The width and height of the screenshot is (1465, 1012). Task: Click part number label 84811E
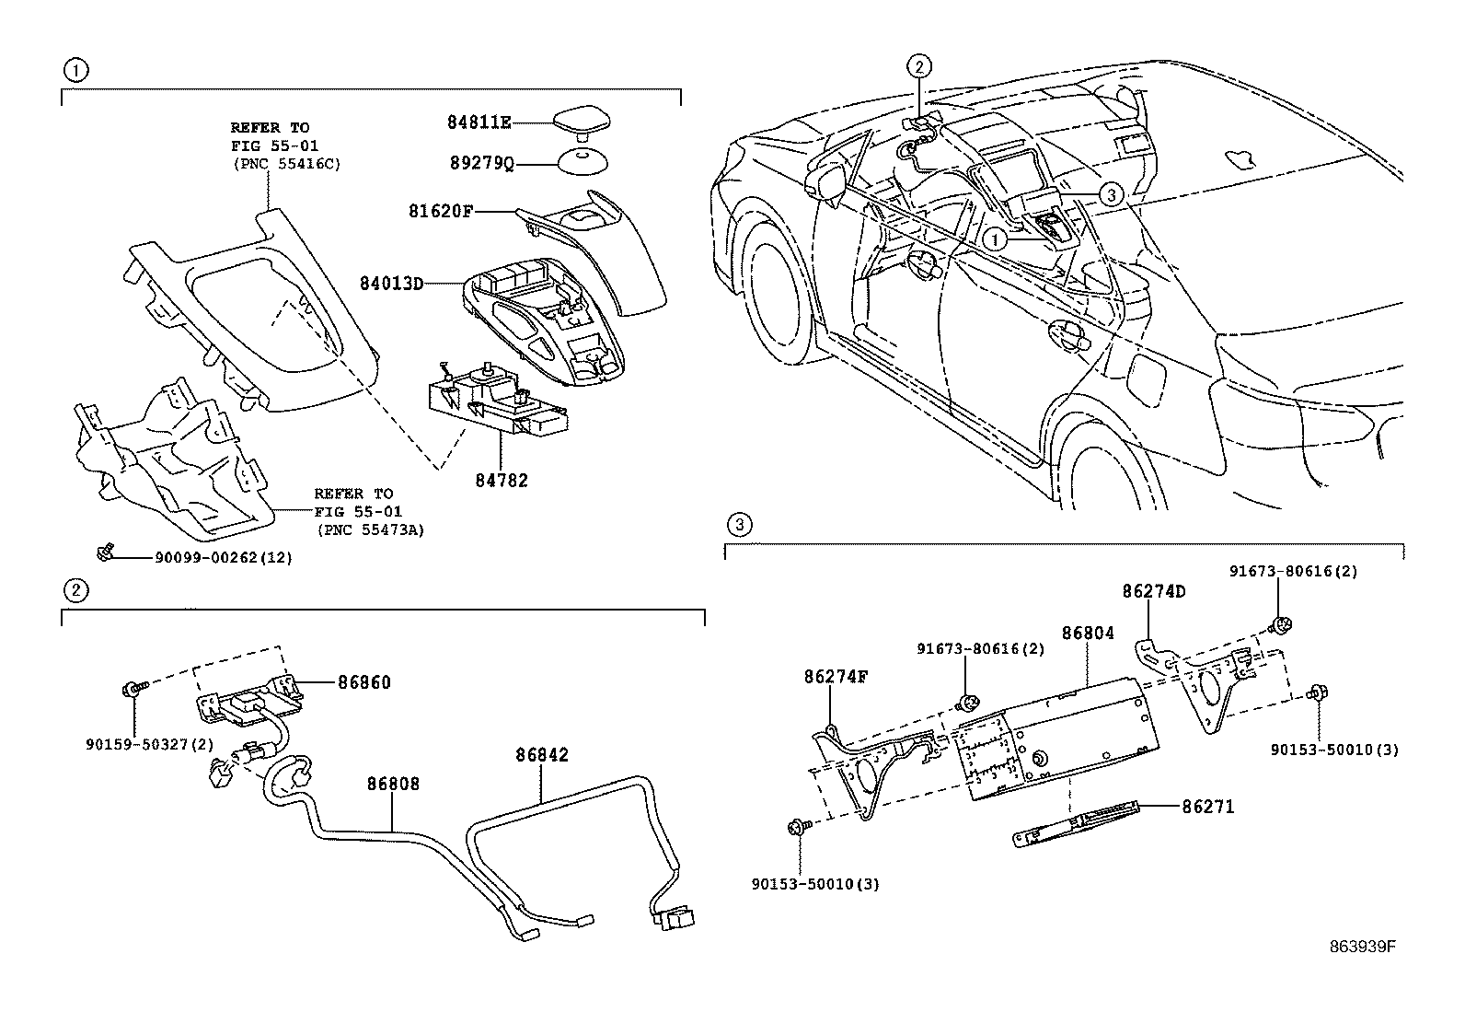coord(479,122)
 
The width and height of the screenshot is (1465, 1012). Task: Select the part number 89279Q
coord(481,163)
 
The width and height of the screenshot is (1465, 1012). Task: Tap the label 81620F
coord(440,211)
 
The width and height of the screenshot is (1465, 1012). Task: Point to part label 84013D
coord(392,284)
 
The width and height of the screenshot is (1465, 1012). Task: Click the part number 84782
coord(502,481)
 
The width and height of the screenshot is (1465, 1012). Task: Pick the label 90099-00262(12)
coord(224,558)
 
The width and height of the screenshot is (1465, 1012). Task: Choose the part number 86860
coord(364,682)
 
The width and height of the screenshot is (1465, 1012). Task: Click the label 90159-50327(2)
coord(150,744)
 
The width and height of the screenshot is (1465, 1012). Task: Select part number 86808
coord(393,783)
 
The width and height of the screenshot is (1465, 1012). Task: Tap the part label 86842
coord(542,755)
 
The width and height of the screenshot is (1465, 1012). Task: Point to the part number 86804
coord(1089,633)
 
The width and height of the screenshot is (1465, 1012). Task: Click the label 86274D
coord(1154,591)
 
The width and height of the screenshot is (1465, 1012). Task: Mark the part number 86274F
coord(836,677)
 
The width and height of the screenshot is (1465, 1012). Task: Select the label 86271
coord(1208,807)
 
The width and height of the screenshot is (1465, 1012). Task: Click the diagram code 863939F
coord(1363,948)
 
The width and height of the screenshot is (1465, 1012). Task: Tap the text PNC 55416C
coord(287,164)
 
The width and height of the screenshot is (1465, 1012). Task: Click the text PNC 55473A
coord(371,529)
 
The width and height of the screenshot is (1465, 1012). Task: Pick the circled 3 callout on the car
coord(1111,194)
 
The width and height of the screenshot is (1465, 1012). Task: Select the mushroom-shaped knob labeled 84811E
coord(582,123)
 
